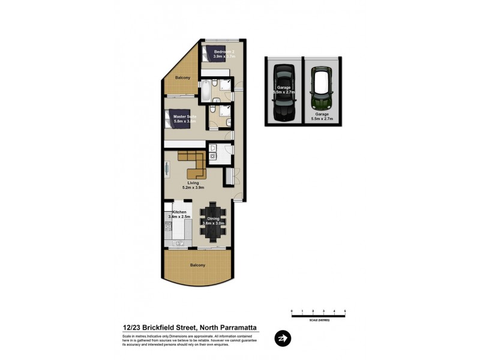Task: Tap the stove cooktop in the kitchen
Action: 168,227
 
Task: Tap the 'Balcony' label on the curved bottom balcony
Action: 197,265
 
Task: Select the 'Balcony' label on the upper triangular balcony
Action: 182,78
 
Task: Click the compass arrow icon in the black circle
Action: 281,338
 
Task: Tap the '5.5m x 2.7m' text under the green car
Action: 322,119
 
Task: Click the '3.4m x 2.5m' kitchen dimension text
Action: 180,217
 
